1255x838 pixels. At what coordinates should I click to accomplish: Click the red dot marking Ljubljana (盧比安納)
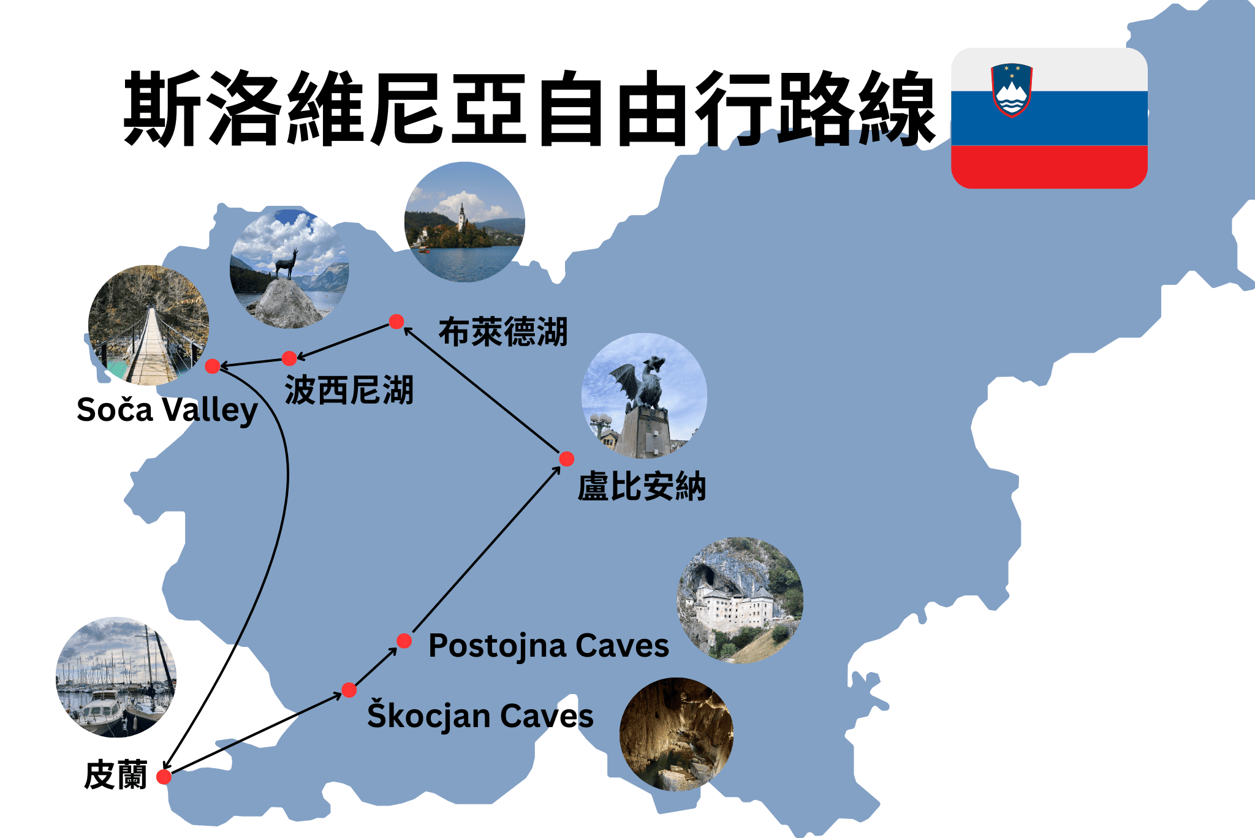(x=567, y=459)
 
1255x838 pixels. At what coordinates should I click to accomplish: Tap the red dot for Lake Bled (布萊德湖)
(x=396, y=322)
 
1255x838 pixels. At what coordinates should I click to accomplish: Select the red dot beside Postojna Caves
(x=404, y=641)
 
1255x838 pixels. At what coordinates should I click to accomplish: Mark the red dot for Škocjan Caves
(x=349, y=690)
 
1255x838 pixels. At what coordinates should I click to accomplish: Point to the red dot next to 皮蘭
(x=164, y=777)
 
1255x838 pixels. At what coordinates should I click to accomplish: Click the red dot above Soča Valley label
(x=213, y=366)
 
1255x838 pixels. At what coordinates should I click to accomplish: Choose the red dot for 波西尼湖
(x=289, y=358)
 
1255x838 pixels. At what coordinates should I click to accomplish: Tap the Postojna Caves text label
(x=548, y=646)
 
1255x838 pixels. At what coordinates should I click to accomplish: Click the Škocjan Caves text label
(x=480, y=716)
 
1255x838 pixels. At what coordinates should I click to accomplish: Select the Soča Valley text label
(x=167, y=410)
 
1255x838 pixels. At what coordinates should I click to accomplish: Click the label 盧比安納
(x=642, y=488)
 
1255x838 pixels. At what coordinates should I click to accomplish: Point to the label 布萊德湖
(x=503, y=333)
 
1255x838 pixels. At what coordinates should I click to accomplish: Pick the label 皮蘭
(x=116, y=776)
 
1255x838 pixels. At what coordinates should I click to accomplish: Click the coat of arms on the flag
(x=1011, y=89)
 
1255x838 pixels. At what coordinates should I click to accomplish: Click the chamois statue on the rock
(x=286, y=263)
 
